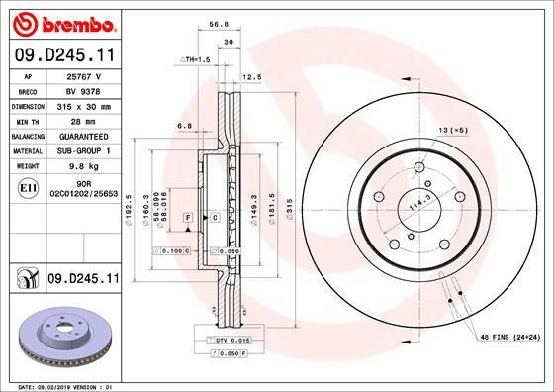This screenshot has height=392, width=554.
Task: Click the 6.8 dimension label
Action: (x=183, y=126)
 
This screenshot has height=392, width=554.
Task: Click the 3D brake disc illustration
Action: (x=61, y=337)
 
